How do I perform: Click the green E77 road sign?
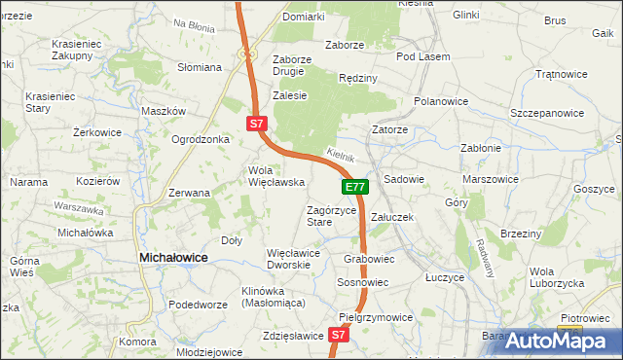pos(355,187)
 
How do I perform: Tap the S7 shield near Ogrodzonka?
pos(255,124)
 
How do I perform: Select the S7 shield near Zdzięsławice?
pos(338,335)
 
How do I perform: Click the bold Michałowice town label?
pos(174,257)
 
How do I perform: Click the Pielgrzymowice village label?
pos(376,317)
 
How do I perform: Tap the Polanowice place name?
pos(441,101)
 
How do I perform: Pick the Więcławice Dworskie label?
pos(294,259)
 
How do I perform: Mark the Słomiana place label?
pos(200,67)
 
